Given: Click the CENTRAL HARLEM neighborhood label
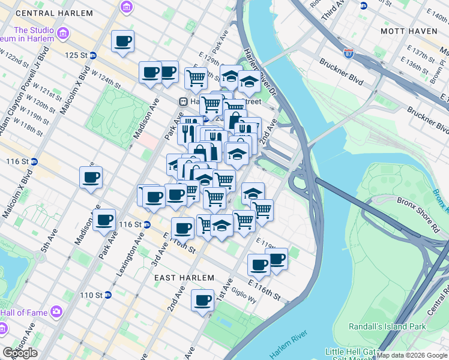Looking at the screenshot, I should (55, 13).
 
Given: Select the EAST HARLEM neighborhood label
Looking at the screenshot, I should (184, 278).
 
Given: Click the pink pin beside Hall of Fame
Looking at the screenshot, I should (56, 311).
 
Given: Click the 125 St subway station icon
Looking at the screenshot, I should (93, 56).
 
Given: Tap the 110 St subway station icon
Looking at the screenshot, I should (107, 295).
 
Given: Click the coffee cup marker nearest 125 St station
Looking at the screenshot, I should (123, 42).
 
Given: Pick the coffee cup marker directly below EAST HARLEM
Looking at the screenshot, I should (202, 300).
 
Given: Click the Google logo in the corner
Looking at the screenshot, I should (20, 353).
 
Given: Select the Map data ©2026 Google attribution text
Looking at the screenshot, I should (412, 355).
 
